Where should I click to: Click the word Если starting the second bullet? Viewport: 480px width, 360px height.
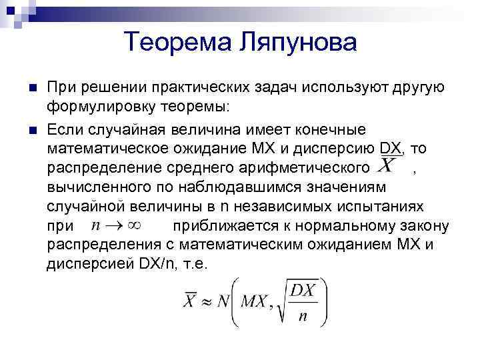[64, 127]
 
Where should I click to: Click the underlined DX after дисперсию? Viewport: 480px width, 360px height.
[389, 147]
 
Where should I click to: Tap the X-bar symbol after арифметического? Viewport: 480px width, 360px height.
[389, 165]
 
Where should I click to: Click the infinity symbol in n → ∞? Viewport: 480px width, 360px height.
[136, 225]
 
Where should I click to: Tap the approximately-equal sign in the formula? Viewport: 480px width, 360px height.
[207, 301]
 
